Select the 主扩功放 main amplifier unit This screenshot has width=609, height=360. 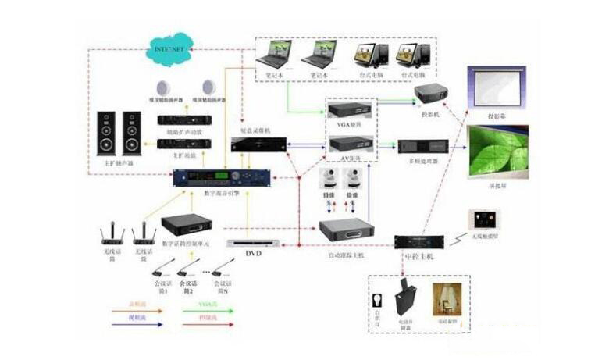[182, 144]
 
